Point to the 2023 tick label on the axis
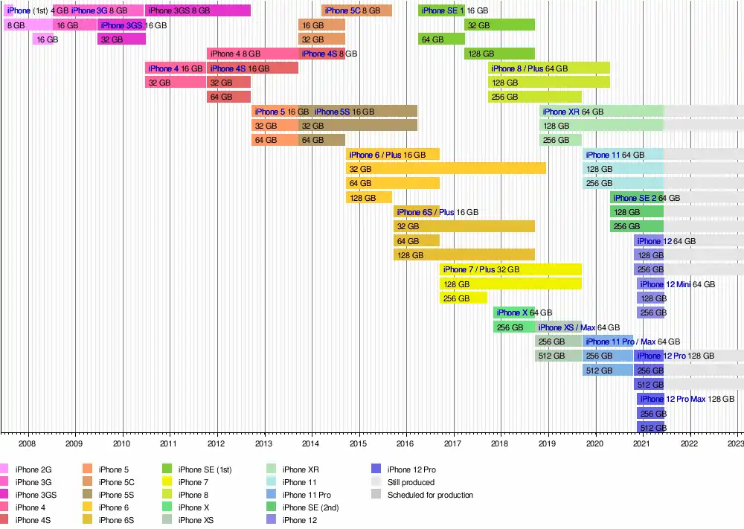coord(736,444)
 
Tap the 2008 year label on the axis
coord(28,444)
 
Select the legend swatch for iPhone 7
coord(167,482)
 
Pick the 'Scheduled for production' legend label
coord(430,495)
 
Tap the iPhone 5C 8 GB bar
coord(356,10)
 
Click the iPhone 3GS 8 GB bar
coord(198,10)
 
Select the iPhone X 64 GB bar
coord(513,312)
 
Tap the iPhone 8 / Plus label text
coord(517,68)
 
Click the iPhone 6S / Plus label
coord(426,212)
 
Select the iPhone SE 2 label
coord(635,198)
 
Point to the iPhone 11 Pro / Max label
coord(620,342)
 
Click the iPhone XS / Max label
coord(566,327)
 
